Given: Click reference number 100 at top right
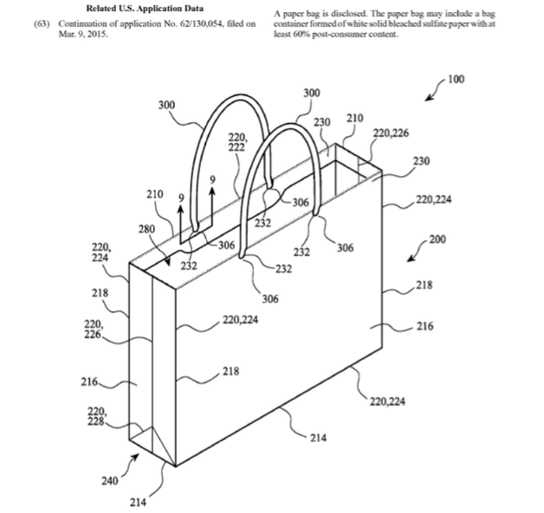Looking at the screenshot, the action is pyautogui.click(x=456, y=79).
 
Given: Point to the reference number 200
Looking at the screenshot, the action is pyautogui.click(x=437, y=239).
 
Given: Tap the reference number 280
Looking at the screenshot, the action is pyautogui.click(x=146, y=229).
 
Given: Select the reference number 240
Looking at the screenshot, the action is pyautogui.click(x=110, y=481).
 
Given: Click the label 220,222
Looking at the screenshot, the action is pyautogui.click(x=237, y=142).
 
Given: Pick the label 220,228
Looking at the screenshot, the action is pyautogui.click(x=97, y=417).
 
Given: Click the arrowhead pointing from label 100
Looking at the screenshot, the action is pyautogui.click(x=429, y=98).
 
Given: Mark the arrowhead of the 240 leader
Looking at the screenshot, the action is pyautogui.click(x=136, y=458).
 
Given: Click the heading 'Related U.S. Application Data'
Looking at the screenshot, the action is pyautogui.click(x=145, y=9).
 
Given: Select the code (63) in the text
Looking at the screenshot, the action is pyautogui.click(x=42, y=24).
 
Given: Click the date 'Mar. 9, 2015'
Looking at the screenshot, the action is pyautogui.click(x=83, y=35).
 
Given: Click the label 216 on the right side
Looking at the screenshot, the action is pyautogui.click(x=425, y=327).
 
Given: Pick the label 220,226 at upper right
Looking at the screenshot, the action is pyautogui.click(x=391, y=133).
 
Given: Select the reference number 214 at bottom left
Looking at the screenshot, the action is pyautogui.click(x=138, y=503).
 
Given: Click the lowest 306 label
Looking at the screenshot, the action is pyautogui.click(x=270, y=299).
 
